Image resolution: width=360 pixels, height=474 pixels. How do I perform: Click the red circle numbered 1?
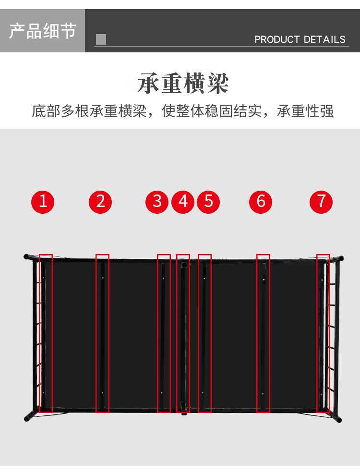(x=43, y=201)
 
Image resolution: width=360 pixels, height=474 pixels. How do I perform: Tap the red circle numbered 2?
(x=100, y=201)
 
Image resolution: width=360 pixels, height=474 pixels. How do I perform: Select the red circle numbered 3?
(x=157, y=201)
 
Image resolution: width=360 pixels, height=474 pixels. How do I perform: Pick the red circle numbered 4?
(x=183, y=201)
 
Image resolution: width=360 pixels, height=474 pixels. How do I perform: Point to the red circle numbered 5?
(x=208, y=201)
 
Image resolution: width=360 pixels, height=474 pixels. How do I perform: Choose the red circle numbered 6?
(x=261, y=201)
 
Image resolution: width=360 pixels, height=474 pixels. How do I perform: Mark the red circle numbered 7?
(x=321, y=201)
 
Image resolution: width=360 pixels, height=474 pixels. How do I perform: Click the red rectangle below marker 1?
(x=46, y=333)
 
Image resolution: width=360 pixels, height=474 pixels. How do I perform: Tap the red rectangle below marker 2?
(x=103, y=333)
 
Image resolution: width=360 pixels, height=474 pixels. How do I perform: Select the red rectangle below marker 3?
(x=164, y=333)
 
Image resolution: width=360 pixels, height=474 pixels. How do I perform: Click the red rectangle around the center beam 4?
(x=183, y=333)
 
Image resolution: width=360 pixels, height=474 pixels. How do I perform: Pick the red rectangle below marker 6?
(x=263, y=333)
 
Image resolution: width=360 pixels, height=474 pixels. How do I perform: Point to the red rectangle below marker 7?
(x=323, y=333)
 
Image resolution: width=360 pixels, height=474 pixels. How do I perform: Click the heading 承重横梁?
(x=183, y=84)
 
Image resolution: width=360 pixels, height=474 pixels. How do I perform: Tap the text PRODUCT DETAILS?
(x=300, y=39)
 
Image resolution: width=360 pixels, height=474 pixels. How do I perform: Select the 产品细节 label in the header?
(x=42, y=31)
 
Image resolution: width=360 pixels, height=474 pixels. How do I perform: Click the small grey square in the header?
(x=101, y=39)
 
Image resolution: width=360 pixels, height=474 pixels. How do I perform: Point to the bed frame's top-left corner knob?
(x=26, y=257)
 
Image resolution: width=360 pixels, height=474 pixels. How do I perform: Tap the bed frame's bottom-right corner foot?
(x=339, y=420)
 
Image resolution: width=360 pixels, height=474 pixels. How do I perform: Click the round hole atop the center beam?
(x=183, y=264)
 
